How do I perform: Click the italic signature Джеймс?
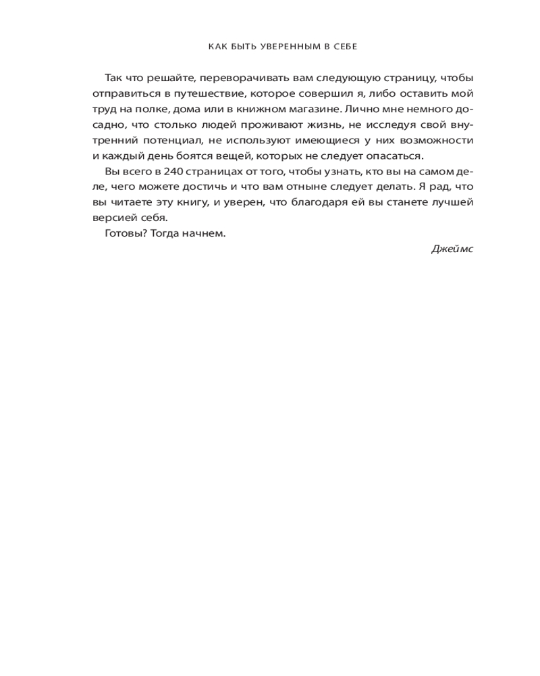pos(452,249)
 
